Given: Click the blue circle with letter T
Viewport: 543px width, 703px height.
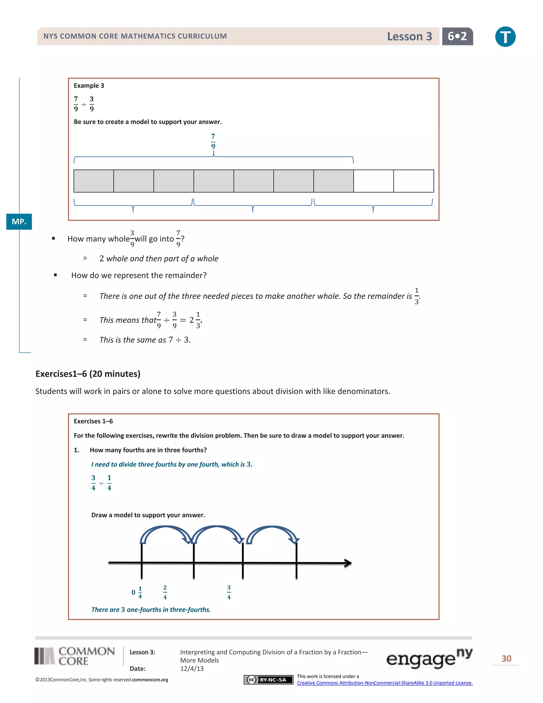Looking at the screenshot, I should tap(505, 37).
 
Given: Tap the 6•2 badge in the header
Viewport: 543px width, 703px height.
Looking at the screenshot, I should tap(457, 36).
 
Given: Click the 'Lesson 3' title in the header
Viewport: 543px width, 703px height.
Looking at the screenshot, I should tap(409, 36).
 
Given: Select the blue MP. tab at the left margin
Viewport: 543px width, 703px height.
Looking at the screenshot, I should tap(19, 222).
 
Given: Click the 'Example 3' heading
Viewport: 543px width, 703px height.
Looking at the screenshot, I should tap(89, 86).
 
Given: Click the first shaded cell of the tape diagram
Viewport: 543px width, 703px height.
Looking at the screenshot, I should tap(94, 181).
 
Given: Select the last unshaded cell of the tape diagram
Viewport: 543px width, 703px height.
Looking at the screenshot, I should tap(413, 181).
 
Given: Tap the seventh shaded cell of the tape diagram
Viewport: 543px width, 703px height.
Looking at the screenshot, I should tap(333, 181).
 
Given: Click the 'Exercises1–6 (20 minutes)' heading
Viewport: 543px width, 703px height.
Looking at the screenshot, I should tap(88, 374).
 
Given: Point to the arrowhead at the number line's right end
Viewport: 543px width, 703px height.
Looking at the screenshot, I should tap(348, 563).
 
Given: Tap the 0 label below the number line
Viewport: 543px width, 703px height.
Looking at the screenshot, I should tap(133, 592).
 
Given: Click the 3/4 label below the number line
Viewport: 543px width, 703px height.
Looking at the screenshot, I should tap(229, 592).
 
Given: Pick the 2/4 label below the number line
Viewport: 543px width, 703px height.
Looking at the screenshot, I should tap(165, 592).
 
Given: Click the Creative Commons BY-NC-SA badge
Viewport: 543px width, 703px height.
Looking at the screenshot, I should tap(268, 679).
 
